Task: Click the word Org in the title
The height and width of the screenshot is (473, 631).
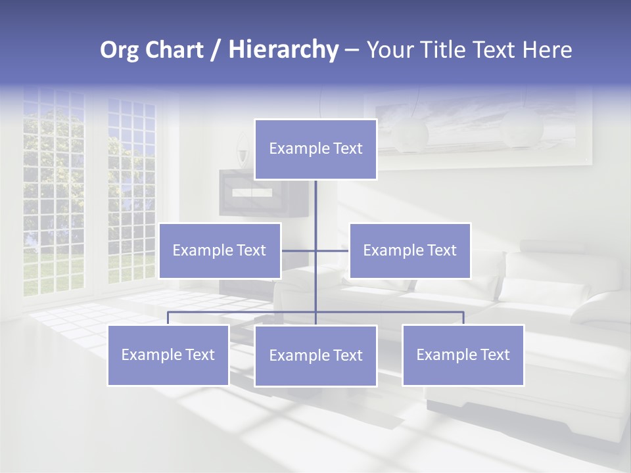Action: point(118,50)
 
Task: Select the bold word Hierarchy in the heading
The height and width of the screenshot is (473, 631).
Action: point(283,50)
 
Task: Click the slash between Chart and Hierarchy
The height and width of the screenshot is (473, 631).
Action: point(216,50)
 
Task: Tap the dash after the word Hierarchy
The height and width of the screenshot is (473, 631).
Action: point(352,50)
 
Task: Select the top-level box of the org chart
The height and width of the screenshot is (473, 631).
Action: point(315,149)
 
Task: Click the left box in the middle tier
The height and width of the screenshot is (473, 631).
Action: point(220,250)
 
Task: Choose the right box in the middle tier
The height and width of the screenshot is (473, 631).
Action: point(409,250)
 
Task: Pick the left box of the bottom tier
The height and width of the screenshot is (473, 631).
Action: point(168,355)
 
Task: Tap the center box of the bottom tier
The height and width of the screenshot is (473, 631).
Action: point(315,355)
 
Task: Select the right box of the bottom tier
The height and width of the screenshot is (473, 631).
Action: point(463,355)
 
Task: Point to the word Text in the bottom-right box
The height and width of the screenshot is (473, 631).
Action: point(494,355)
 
